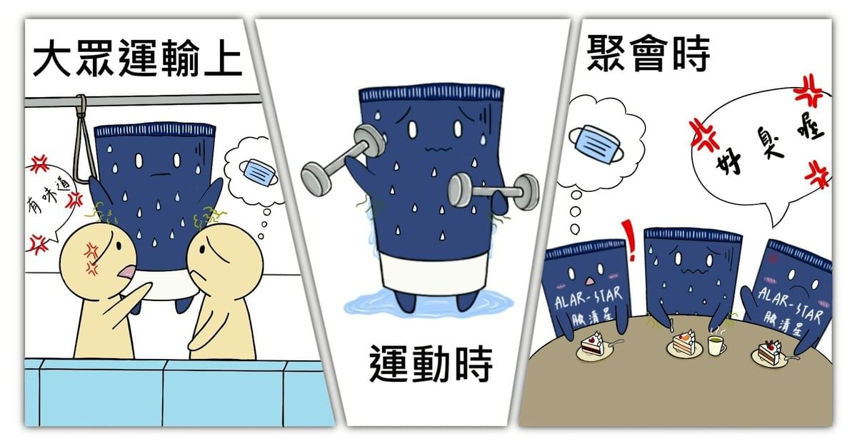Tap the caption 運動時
[x=431, y=363]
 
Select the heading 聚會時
[x=648, y=53]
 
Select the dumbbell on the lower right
[x=493, y=191]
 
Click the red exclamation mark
[x=628, y=239]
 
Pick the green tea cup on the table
[x=716, y=345]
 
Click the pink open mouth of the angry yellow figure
[x=126, y=271]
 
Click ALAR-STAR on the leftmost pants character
[x=588, y=298]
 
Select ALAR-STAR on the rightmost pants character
[x=790, y=305]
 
